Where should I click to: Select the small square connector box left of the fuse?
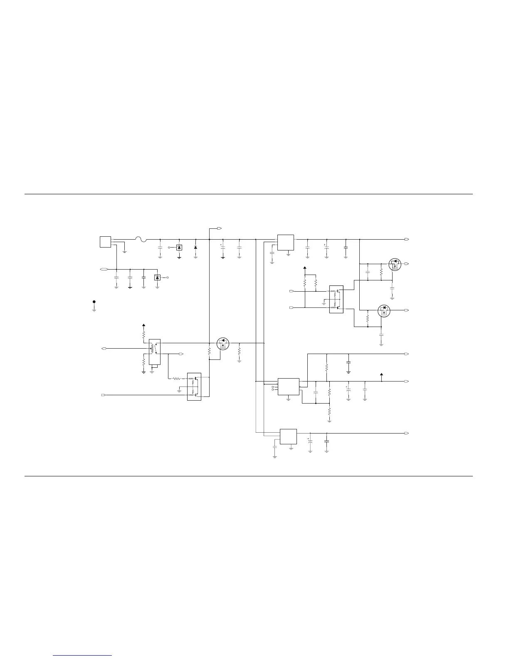click(x=105, y=242)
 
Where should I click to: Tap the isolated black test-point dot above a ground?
click(x=94, y=302)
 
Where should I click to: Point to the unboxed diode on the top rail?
click(x=195, y=247)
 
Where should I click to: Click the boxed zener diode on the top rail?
click(x=179, y=247)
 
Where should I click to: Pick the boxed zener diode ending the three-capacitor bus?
click(x=157, y=277)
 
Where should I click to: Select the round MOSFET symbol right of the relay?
click(x=223, y=343)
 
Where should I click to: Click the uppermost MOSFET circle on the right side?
click(x=394, y=264)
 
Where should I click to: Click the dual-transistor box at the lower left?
click(x=194, y=386)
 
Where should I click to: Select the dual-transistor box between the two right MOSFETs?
click(x=336, y=299)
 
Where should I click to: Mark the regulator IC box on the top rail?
click(x=286, y=243)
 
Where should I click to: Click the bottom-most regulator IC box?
click(x=288, y=436)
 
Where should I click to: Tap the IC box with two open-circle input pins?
click(x=288, y=386)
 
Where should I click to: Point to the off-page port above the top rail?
click(x=220, y=228)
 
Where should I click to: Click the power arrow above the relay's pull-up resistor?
click(x=143, y=325)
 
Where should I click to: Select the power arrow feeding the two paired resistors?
click(x=305, y=268)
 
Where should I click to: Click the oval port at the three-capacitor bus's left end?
click(x=104, y=270)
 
